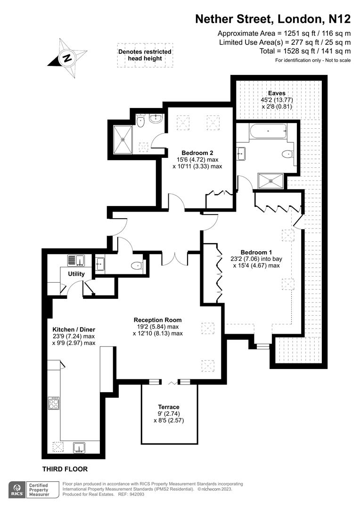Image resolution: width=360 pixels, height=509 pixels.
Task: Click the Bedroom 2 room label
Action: tap(197, 153)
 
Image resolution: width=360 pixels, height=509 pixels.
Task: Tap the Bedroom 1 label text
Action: tap(256, 252)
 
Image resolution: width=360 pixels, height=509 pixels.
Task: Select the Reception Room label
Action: tap(158, 320)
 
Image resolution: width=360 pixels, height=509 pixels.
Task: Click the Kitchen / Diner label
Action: tap(74, 329)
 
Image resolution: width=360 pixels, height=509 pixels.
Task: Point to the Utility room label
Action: tap(76, 274)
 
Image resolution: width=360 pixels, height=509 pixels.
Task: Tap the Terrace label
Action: tap(169, 407)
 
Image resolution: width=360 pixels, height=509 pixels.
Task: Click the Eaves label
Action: tap(277, 93)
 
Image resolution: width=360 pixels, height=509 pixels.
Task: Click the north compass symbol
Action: tap(68, 58)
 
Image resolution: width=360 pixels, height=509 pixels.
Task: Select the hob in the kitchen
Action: tap(54, 403)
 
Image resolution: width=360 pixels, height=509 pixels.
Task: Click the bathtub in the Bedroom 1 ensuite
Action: tap(268, 131)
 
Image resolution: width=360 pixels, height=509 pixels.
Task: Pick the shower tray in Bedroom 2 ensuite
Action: tap(123, 140)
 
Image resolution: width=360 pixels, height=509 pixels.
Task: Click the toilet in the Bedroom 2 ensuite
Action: tap(140, 122)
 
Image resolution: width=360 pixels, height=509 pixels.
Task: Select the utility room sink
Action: tap(76, 260)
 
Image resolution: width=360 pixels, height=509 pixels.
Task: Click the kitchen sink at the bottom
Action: tap(79, 448)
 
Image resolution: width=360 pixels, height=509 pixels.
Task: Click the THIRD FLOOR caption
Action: tap(65, 469)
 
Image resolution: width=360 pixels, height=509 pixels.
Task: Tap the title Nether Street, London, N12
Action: tap(273, 19)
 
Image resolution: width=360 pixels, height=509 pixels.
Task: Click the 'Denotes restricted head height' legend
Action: tap(145, 55)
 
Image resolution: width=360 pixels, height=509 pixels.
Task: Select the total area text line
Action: tap(305, 51)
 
